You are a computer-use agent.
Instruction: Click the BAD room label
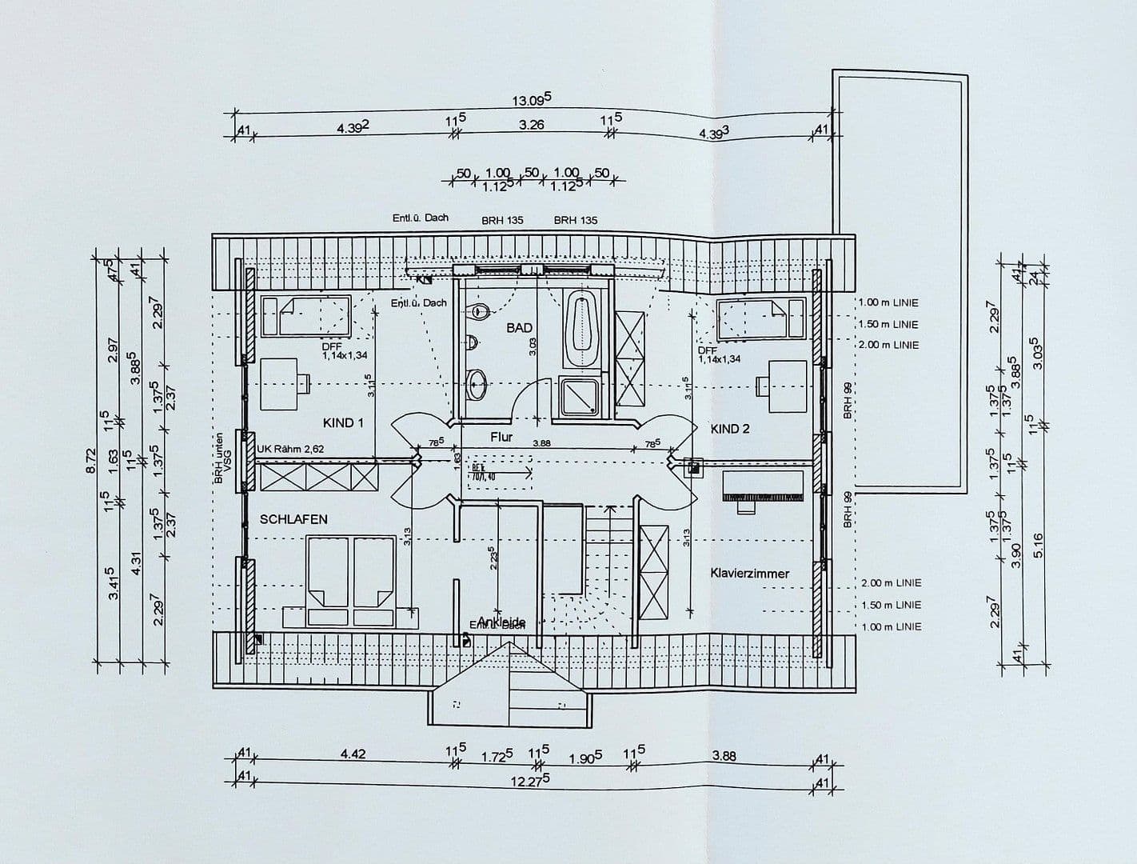click(x=519, y=327)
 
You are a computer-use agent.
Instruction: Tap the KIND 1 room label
click(x=343, y=422)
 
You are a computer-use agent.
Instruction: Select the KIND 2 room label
click(x=730, y=429)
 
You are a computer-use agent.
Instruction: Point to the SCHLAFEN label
click(x=293, y=519)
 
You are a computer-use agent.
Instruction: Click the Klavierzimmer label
click(x=749, y=574)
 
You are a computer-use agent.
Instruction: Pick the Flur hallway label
click(x=501, y=437)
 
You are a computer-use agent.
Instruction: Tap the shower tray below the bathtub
click(x=580, y=397)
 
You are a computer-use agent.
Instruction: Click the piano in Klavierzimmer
click(x=762, y=487)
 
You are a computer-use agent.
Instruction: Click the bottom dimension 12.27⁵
click(x=531, y=781)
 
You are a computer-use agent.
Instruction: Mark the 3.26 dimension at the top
click(x=532, y=125)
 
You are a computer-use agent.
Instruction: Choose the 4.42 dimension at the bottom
click(x=353, y=754)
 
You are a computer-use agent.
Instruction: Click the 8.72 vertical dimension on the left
click(x=90, y=461)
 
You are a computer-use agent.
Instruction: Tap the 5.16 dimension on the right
click(x=1038, y=545)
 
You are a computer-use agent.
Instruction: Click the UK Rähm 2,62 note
click(x=290, y=450)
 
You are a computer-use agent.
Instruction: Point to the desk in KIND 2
click(x=786, y=386)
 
